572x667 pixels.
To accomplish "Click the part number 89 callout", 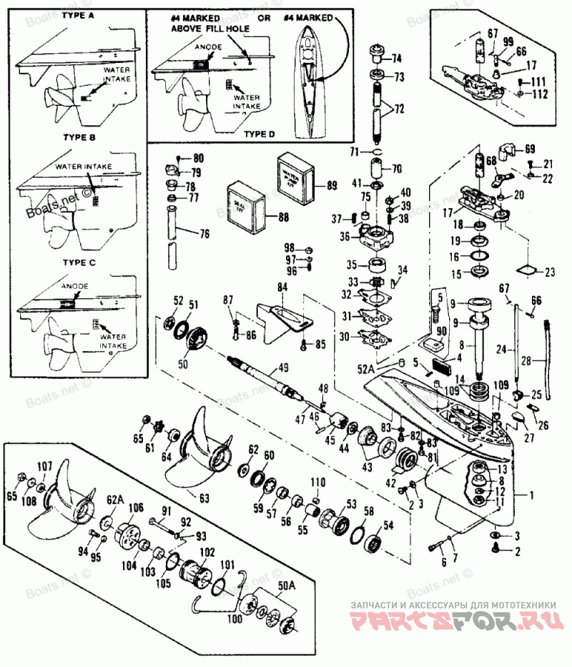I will tap(331, 185).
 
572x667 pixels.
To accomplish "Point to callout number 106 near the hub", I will tap(136, 508).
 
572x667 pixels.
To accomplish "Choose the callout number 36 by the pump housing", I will tap(344, 237).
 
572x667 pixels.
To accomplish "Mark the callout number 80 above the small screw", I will tap(198, 157).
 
